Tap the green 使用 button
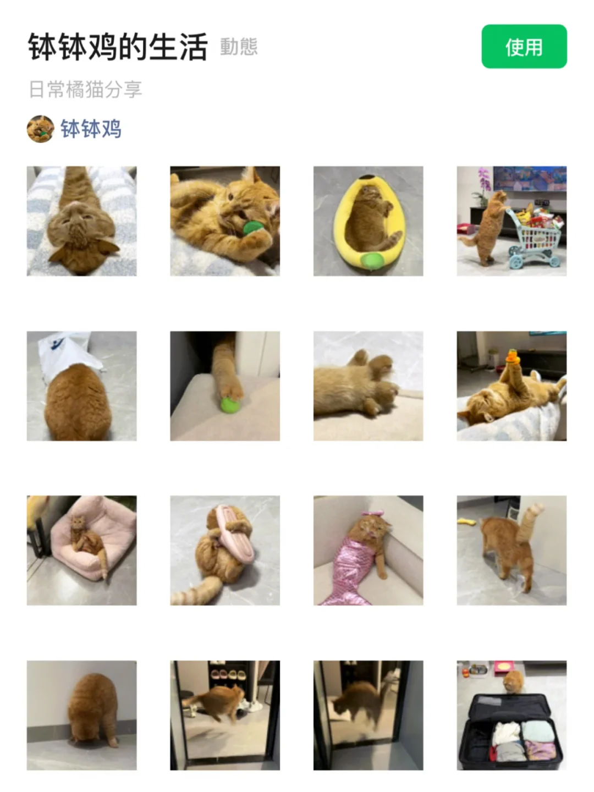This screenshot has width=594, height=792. click(x=524, y=47)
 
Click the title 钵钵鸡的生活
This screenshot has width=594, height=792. click(x=118, y=47)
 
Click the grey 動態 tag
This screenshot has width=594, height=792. click(x=239, y=47)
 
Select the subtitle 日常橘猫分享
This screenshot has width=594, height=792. click(x=85, y=89)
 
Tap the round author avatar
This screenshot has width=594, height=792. click(x=40, y=129)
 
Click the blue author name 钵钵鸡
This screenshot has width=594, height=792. click(x=91, y=129)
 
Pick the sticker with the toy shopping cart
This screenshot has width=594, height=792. click(x=512, y=221)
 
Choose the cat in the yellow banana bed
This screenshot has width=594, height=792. click(x=369, y=221)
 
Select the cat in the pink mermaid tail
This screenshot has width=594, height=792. click(x=369, y=550)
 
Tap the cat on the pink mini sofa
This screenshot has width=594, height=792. click(x=81, y=550)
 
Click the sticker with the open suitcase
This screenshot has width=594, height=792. click(x=512, y=715)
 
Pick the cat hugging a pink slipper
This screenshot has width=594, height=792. click(x=225, y=550)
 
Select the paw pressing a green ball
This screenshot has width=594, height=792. click(x=225, y=386)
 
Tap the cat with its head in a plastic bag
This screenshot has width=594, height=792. click(x=81, y=386)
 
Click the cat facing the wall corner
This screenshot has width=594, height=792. click(x=81, y=715)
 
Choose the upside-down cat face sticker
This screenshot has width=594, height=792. click(x=81, y=221)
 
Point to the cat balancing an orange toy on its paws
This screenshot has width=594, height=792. click(x=512, y=386)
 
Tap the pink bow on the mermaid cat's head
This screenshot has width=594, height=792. click(x=373, y=513)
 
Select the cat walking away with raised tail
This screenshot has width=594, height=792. click(x=512, y=550)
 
